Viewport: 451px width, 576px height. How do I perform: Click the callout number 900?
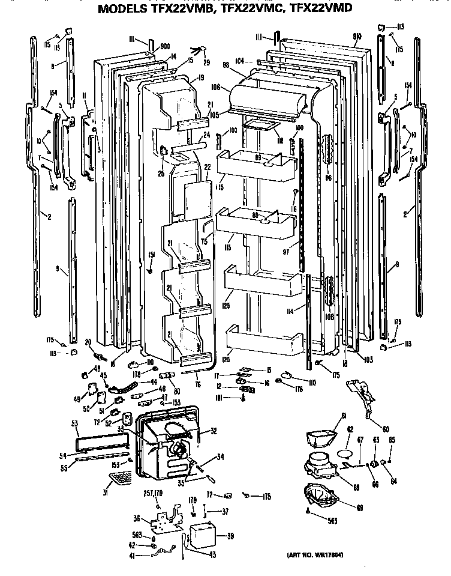165,46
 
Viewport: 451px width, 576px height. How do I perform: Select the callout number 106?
217,88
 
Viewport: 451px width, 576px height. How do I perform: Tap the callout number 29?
206,63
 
